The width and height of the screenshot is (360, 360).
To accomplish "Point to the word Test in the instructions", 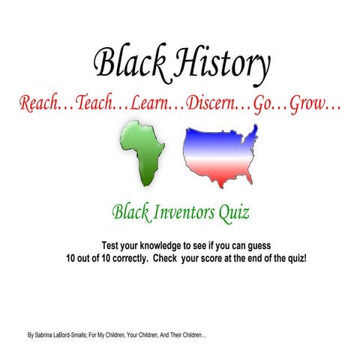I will pos(111,246).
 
